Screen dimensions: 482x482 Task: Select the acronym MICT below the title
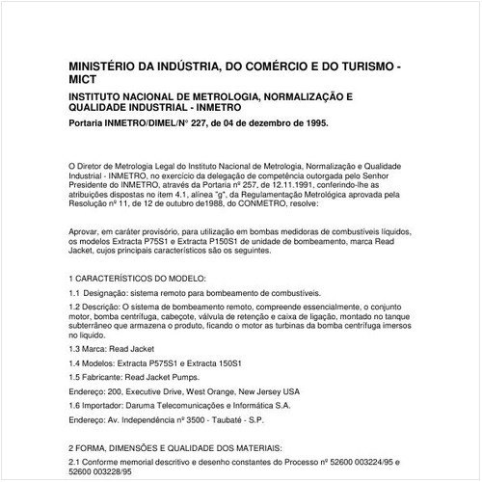86,83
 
